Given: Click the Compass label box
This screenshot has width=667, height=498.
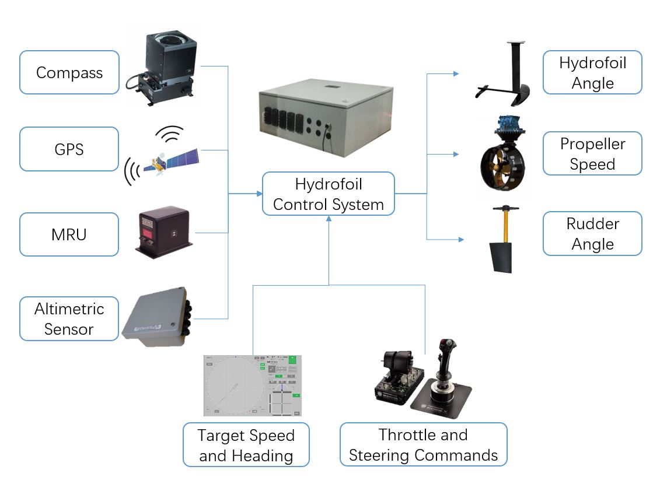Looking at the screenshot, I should (69, 72).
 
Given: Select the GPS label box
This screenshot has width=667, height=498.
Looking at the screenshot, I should (69, 150).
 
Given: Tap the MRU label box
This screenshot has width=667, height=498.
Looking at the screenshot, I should (69, 234).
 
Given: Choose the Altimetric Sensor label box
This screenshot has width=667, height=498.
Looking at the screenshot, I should (69, 319).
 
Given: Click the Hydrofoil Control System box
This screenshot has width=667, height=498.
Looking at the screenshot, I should (328, 194).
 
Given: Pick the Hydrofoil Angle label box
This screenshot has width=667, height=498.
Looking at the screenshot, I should (592, 72).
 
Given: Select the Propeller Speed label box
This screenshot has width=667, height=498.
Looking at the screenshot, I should (592, 153).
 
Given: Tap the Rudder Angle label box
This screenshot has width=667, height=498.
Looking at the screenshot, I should (592, 233).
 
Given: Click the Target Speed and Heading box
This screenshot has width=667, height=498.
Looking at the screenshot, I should (246, 445).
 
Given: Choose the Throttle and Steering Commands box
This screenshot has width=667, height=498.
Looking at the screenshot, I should (423, 445).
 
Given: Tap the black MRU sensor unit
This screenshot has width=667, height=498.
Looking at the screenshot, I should (163, 232).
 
